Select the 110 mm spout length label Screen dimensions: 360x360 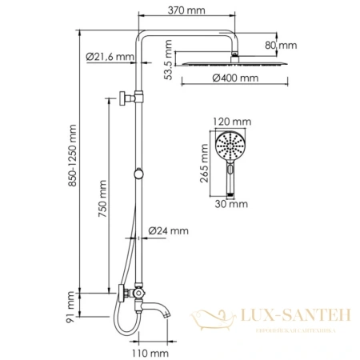click(x=150, y=350)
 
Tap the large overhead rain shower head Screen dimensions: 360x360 click(x=232, y=61)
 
